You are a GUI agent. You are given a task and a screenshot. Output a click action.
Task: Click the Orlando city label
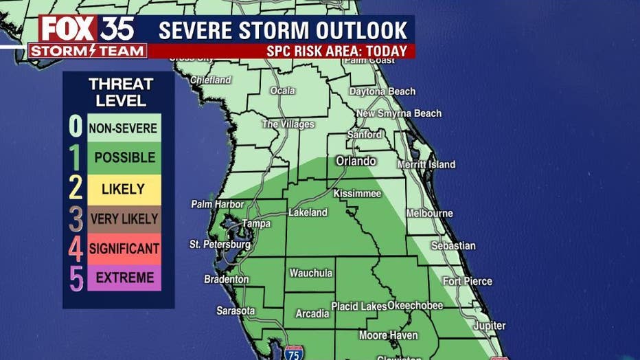point(356,161)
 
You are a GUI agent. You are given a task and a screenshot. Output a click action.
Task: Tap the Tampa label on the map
point(256,223)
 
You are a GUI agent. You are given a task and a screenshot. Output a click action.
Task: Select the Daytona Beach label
point(382,91)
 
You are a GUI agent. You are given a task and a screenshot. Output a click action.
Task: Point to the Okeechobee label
point(415,305)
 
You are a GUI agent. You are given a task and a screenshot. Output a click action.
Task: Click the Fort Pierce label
point(468,281)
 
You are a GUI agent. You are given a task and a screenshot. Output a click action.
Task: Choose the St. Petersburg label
point(220,245)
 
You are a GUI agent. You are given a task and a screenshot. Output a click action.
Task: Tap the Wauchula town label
point(311,273)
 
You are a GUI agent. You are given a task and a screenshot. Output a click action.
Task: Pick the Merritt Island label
point(426,165)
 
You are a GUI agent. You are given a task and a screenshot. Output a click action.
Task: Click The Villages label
point(288,124)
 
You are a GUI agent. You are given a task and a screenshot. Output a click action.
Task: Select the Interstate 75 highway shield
point(294,352)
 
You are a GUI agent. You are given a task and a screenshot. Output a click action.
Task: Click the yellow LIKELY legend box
point(124,189)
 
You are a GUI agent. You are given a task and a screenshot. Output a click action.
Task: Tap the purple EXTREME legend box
point(124,278)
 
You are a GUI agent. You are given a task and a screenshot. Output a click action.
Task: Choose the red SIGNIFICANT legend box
point(124,249)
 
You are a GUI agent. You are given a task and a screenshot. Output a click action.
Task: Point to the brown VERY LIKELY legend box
point(124,219)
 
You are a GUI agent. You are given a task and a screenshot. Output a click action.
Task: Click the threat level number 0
point(76,127)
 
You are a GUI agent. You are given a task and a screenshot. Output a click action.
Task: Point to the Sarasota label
point(236,311)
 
